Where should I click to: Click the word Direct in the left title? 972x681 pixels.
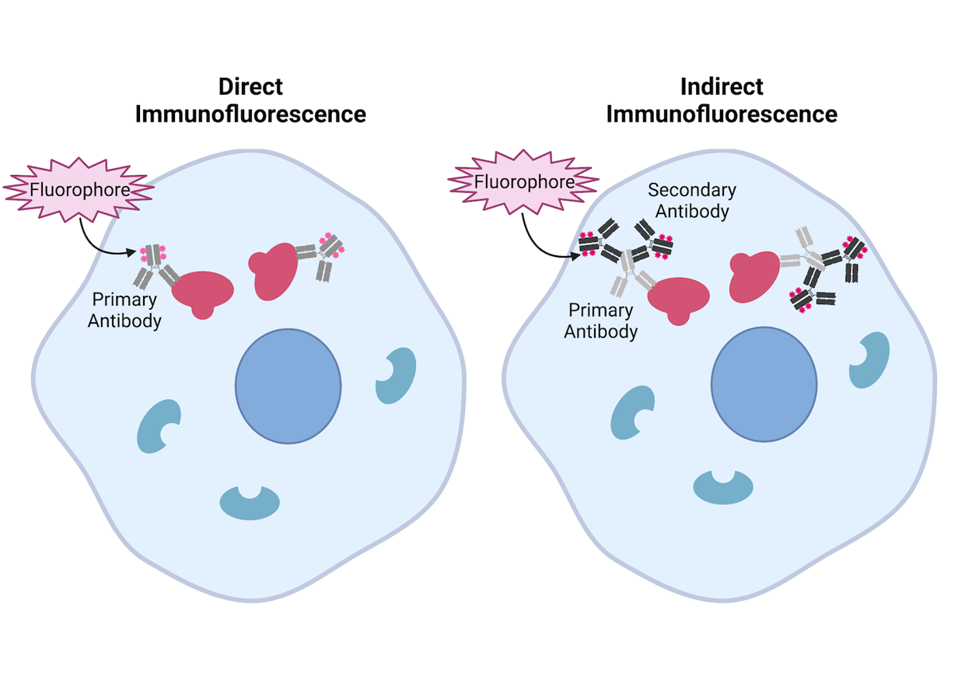[x=250, y=86]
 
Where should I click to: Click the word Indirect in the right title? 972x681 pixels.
[x=722, y=86]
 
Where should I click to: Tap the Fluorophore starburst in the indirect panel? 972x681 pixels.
[x=524, y=183]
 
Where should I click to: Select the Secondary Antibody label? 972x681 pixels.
[x=692, y=201]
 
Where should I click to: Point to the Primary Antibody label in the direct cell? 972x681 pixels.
[x=124, y=310]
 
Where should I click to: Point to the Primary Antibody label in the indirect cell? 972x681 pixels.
[x=600, y=321]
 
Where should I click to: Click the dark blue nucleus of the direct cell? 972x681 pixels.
[x=288, y=385]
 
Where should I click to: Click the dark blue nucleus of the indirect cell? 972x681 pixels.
[x=764, y=383]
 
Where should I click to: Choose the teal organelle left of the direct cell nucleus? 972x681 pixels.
[x=158, y=427]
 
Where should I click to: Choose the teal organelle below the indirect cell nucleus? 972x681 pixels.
[x=723, y=487]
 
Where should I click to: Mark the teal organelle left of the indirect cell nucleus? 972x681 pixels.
[x=631, y=411]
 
